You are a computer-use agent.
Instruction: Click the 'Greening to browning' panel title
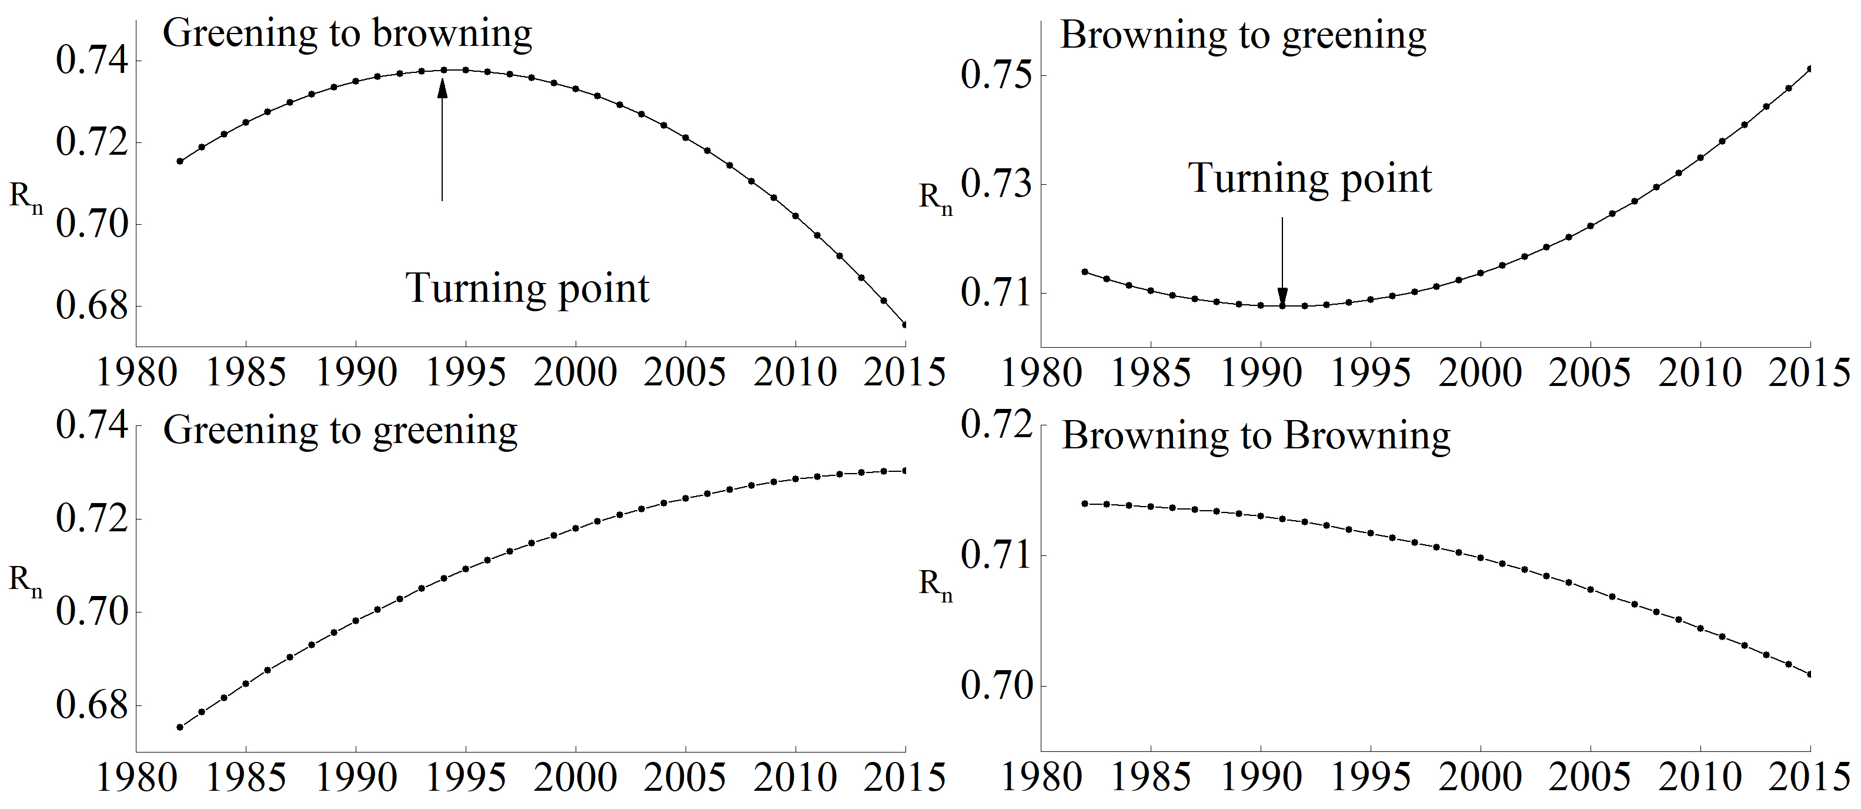[347, 34]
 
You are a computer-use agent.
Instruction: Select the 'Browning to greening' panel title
[1242, 35]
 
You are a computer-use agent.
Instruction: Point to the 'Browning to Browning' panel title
[1255, 436]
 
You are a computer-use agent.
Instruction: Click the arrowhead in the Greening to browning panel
[442, 86]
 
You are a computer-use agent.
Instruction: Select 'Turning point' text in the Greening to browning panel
[527, 288]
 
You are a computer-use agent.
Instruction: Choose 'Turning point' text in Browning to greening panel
[1310, 179]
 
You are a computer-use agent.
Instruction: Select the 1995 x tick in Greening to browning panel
[466, 372]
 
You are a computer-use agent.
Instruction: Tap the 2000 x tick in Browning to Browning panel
[1481, 777]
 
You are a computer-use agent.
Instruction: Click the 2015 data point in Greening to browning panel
[905, 325]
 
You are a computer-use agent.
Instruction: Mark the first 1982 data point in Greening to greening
[180, 727]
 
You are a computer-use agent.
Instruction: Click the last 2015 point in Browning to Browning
[1810, 674]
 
